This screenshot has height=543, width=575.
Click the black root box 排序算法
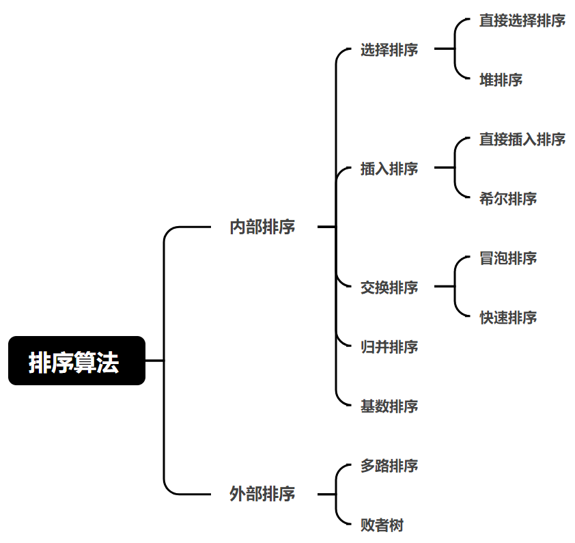click(76, 361)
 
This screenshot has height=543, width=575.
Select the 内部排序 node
click(262, 227)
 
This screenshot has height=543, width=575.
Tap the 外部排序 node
click(262, 494)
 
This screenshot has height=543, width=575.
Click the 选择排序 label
click(389, 50)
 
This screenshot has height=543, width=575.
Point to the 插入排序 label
click(389, 168)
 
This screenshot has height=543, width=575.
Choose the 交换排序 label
click(389, 287)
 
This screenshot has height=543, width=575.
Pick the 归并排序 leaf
click(389, 346)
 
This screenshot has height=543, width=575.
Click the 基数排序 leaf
click(389, 406)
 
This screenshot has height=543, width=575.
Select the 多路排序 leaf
click(389, 466)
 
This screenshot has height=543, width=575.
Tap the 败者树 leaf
click(382, 525)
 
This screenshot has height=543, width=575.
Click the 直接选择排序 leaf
click(522, 20)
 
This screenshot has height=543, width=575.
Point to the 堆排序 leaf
click(501, 80)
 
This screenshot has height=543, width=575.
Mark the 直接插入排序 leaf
click(522, 139)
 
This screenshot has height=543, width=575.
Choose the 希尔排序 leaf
click(508, 199)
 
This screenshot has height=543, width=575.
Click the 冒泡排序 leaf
click(508, 258)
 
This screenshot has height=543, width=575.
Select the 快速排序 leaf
click(508, 317)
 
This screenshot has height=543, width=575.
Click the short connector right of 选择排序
click(444, 49)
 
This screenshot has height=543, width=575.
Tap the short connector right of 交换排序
click(444, 287)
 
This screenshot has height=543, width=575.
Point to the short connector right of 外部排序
click(326, 494)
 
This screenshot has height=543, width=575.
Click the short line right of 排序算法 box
click(154, 361)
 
